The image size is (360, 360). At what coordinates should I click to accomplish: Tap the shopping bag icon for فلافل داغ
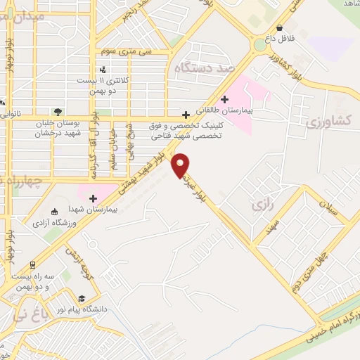tap(280, 28)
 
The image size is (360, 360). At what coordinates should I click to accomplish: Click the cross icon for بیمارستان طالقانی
tap(224, 99)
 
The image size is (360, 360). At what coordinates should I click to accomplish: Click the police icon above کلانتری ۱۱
tap(103, 69)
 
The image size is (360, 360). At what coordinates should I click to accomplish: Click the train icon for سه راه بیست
tap(32, 264)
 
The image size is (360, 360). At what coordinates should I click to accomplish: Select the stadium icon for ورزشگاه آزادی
tap(55, 212)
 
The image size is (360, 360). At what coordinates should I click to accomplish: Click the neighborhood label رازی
tap(260, 205)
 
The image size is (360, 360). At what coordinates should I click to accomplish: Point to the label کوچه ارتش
tap(78, 260)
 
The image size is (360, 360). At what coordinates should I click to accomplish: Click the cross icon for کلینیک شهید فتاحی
tap(186, 115)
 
